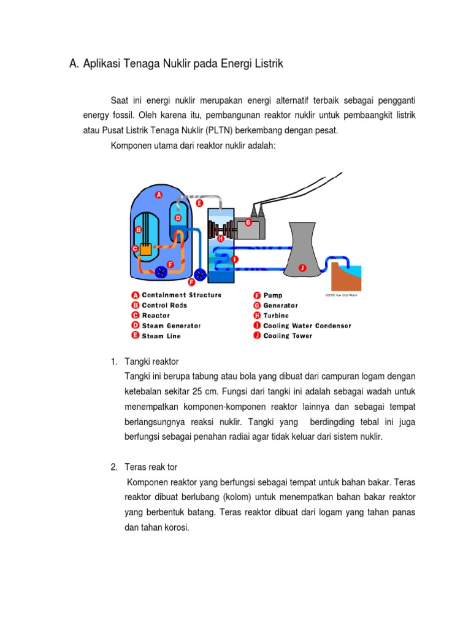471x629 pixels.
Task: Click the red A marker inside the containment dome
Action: [158, 195]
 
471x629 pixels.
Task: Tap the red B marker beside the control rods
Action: [138, 229]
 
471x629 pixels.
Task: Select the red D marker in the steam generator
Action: [178, 217]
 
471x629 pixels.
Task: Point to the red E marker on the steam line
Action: [199, 203]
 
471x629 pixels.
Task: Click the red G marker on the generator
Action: [248, 222]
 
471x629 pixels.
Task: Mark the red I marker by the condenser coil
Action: [234, 259]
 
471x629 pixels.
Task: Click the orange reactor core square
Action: [146, 249]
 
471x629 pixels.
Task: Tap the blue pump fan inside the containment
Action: [161, 272]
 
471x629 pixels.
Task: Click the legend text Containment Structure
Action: [182, 295]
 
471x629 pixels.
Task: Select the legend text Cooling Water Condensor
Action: [307, 326]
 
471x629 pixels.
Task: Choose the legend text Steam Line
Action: [161, 336]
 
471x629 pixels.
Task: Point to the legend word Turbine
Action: [276, 316]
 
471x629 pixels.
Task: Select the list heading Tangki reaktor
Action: [151, 361]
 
